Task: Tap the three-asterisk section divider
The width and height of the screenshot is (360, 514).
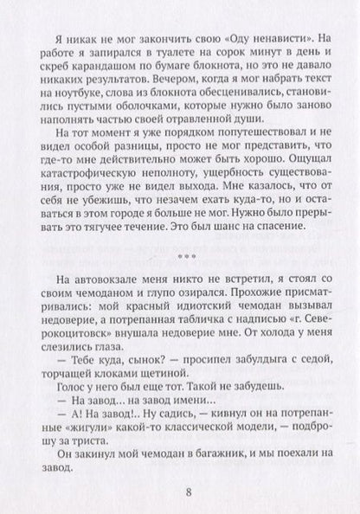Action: [179, 279]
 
